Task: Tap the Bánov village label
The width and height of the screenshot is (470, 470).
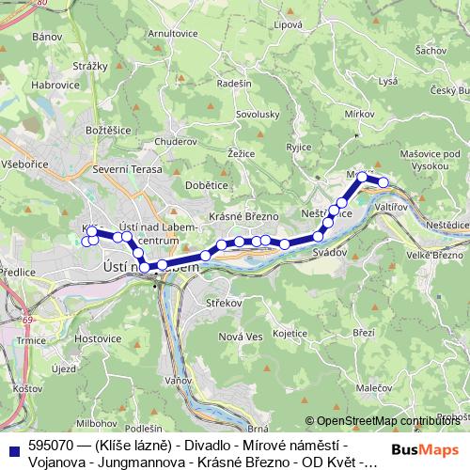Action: pos(46,37)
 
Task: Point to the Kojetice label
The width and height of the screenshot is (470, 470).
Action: pos(290,333)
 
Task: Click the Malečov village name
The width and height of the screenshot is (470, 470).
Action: pos(374,386)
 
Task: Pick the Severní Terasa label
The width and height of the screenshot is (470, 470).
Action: pos(129,169)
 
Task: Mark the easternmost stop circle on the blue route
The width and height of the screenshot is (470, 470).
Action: pos(383,181)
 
